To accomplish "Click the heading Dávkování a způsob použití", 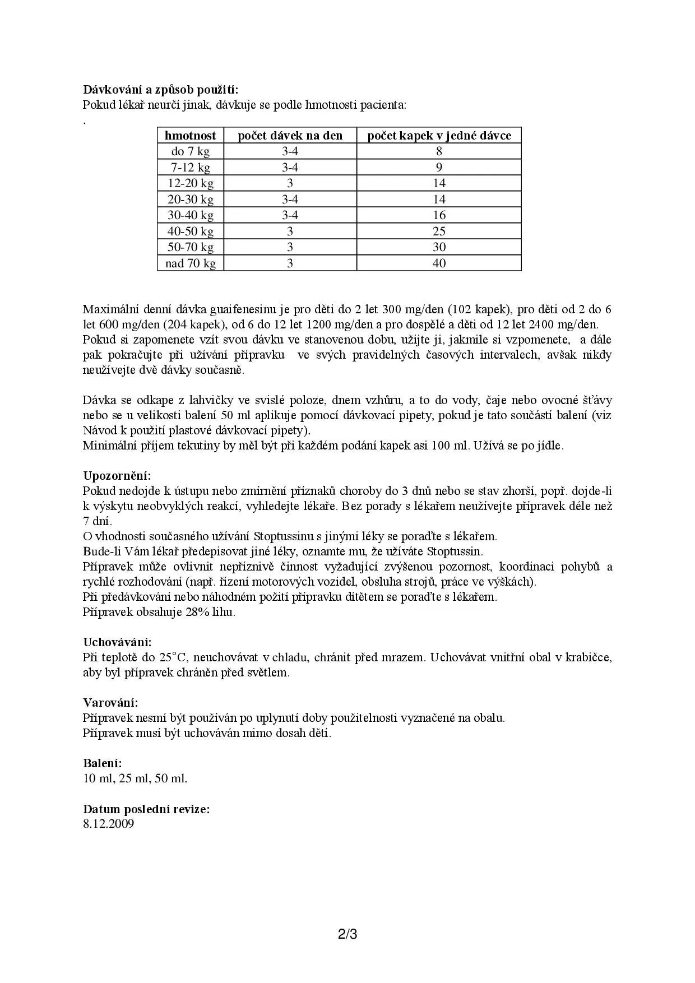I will (x=161, y=90).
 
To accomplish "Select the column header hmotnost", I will (x=190, y=136).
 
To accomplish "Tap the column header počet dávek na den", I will (x=290, y=136).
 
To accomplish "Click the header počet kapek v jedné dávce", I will (x=439, y=136).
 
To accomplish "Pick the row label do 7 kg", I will (x=190, y=151).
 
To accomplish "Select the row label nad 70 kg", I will (x=190, y=263).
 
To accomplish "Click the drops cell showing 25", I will (x=439, y=231).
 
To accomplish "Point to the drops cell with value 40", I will (x=439, y=263).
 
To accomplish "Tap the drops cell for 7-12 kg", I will (x=439, y=168).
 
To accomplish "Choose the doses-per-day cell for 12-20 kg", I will (x=290, y=183).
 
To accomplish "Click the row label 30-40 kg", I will (x=190, y=215).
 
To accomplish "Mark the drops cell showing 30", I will (x=439, y=247).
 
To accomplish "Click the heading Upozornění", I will (x=117, y=476).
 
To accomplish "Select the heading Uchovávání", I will (x=117, y=642).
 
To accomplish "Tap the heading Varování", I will (x=110, y=703).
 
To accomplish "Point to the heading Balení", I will (x=102, y=763).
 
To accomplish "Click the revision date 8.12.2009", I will (x=108, y=824).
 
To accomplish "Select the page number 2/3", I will (x=347, y=935).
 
